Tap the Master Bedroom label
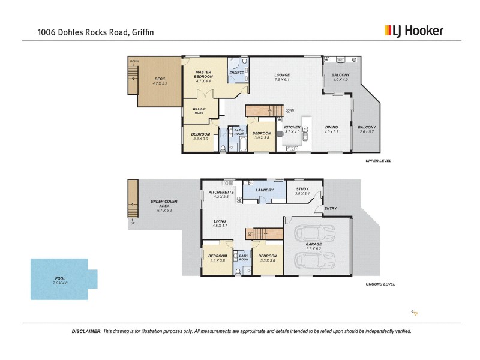[203, 75]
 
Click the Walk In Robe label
[199, 111]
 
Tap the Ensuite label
[236, 73]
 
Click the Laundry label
[264, 191]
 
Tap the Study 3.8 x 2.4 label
[302, 191]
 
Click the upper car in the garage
[317, 233]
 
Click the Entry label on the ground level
[330, 209]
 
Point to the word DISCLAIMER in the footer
[86, 331]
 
